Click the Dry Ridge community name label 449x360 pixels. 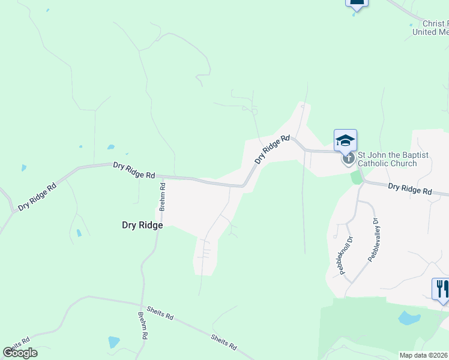tap(142, 225)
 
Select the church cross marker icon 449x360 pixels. tap(348, 159)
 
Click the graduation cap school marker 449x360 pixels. tap(345, 140)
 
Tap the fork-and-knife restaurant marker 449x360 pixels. tap(441, 288)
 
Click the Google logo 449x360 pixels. tap(20, 353)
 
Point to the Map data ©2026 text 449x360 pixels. tap(424, 355)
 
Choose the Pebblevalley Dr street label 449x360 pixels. tap(374, 239)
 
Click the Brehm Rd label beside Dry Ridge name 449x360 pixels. tap(161, 197)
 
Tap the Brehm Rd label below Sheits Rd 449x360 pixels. tap(142, 326)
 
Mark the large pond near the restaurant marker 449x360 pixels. tap(409, 317)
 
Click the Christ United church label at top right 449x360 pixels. tap(431, 28)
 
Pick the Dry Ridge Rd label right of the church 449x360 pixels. tap(409, 190)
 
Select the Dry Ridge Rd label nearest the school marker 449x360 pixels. tap(273, 149)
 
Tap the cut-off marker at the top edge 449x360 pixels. tap(357, 3)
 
